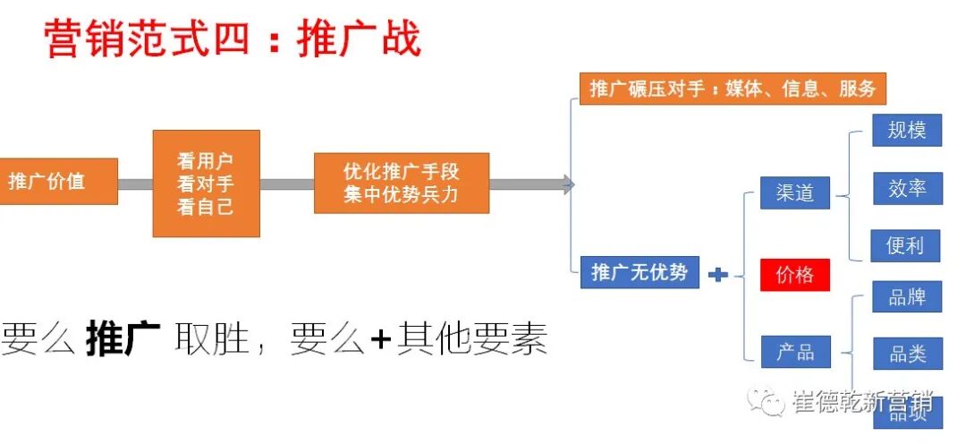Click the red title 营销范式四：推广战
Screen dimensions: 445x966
tap(233, 39)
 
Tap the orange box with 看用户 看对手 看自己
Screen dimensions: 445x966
tap(206, 184)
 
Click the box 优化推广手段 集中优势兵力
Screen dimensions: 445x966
tap(401, 183)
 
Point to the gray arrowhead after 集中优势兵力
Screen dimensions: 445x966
tap(568, 184)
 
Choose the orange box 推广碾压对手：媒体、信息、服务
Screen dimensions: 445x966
tap(732, 89)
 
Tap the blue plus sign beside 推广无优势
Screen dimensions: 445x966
tap(717, 274)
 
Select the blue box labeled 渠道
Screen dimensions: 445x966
tap(794, 193)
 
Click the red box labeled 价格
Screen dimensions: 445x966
tap(794, 275)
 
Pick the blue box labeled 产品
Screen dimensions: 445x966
tap(794, 352)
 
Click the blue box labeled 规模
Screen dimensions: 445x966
tap(906, 130)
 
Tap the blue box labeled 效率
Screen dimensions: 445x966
tap(907, 189)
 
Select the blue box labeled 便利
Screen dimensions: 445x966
tap(905, 245)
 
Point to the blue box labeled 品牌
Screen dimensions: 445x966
tap(907, 297)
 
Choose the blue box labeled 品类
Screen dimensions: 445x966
tap(907, 354)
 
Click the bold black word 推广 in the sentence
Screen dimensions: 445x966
tap(123, 340)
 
